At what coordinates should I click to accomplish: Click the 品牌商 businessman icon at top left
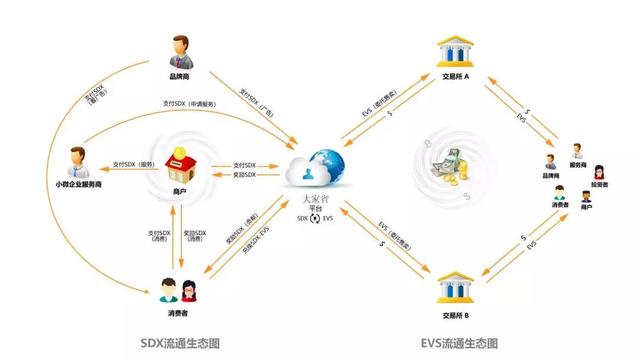click(x=180, y=50)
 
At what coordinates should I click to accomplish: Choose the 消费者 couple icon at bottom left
click(x=181, y=291)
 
